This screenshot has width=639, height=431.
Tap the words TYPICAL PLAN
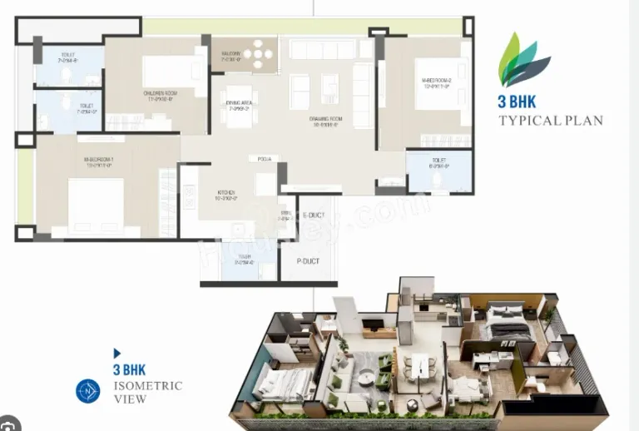pos(551,121)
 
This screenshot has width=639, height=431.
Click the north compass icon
pos(87,390)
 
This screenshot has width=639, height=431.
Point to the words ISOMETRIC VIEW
pos(146,392)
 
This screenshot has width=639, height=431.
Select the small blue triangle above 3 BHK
pos(117,353)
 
